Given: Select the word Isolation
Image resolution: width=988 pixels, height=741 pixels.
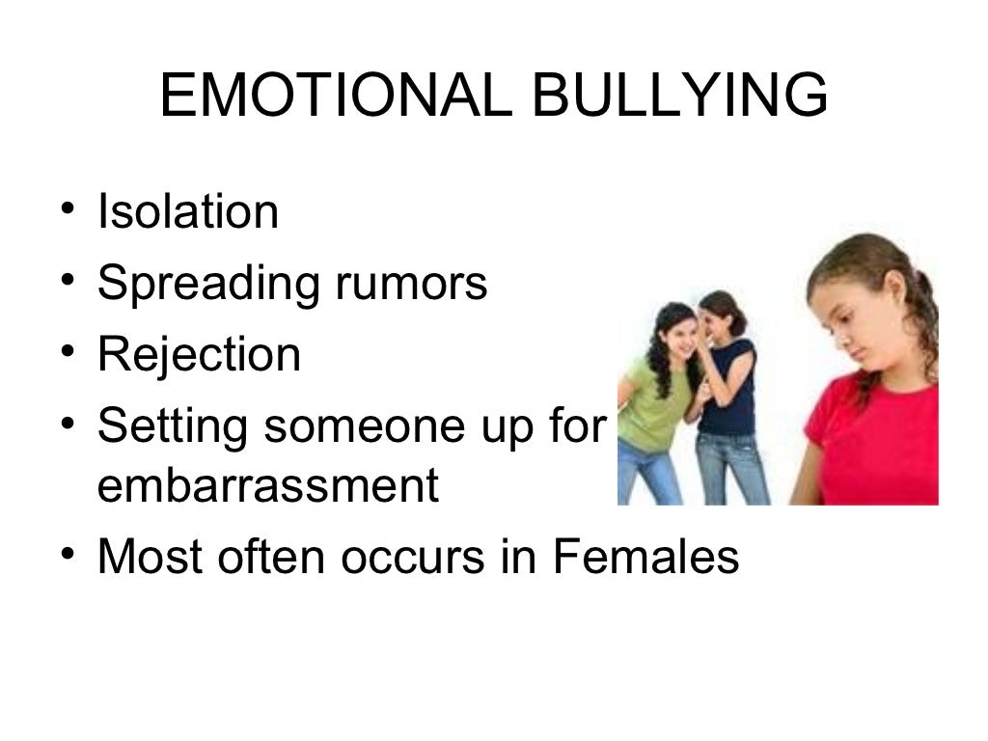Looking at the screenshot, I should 188,211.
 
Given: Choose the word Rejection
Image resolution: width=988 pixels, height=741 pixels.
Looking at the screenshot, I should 199,354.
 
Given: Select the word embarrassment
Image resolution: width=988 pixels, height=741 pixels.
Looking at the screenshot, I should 267,486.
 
